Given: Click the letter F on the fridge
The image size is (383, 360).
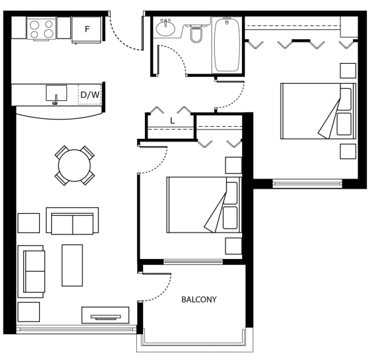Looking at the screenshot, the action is click(x=87, y=29).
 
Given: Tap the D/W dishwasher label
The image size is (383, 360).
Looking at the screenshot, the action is click(x=90, y=95).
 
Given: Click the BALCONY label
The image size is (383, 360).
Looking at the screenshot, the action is click(x=199, y=300).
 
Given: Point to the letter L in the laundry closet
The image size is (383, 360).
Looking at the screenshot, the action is click(x=172, y=121).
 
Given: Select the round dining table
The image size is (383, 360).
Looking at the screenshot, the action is click(x=74, y=165).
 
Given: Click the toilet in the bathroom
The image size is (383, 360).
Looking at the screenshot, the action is click(x=196, y=34).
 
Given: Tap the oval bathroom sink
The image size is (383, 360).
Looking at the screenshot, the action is click(x=166, y=28).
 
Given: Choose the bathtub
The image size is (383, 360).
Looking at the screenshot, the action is click(x=227, y=45).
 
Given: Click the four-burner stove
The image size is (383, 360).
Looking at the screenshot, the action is click(x=41, y=29).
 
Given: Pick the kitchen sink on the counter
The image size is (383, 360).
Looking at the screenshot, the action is click(x=57, y=93).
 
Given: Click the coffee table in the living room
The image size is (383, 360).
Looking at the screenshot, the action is click(x=72, y=265).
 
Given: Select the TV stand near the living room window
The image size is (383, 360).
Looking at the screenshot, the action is click(x=105, y=315).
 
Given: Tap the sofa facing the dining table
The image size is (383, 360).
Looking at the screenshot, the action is click(x=72, y=221).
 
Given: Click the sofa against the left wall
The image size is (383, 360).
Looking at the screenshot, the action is click(x=31, y=272).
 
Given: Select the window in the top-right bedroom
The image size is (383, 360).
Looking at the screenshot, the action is click(x=307, y=183).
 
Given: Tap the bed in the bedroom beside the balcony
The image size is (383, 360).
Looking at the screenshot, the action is click(x=204, y=205).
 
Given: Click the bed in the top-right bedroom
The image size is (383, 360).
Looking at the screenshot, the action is click(x=319, y=111).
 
